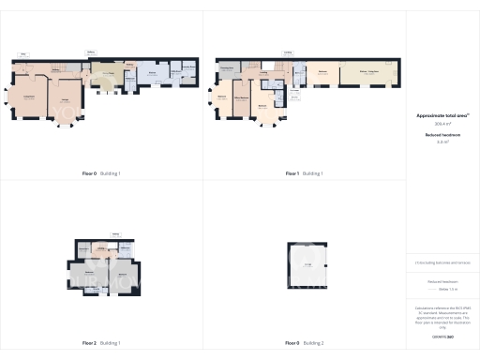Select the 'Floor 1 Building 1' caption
[305, 173]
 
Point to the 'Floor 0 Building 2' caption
[305, 343]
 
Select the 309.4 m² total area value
[442, 123]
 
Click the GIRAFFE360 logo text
[442, 335]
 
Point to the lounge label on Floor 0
[67, 100]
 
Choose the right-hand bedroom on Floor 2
[125, 275]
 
